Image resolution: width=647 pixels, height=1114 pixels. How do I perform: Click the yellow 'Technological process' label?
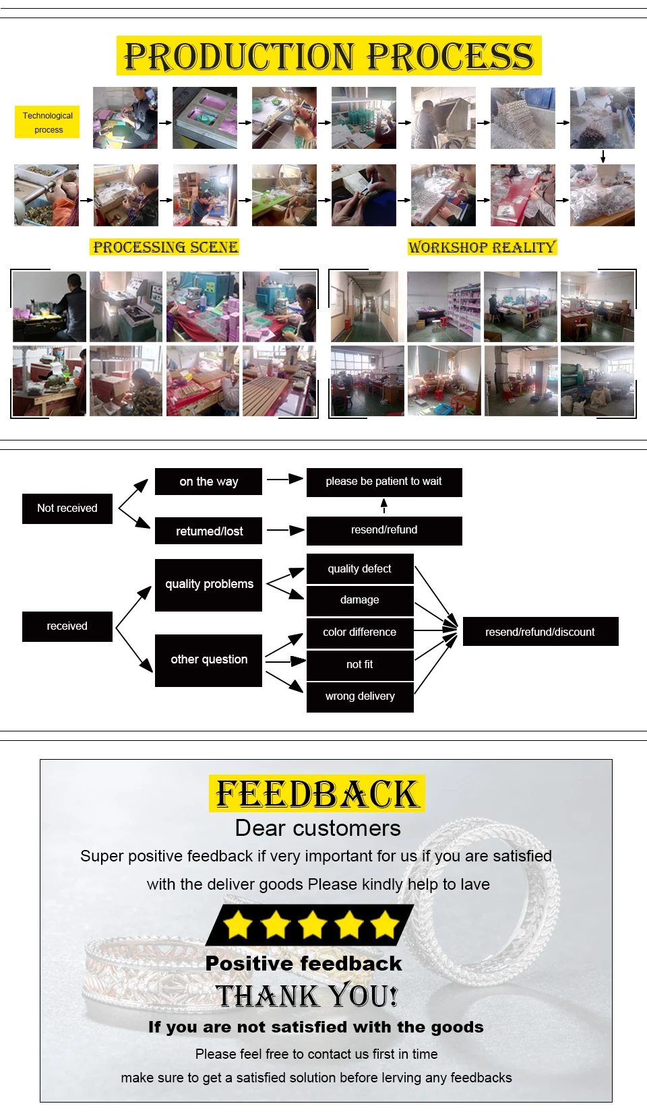[x=47, y=122]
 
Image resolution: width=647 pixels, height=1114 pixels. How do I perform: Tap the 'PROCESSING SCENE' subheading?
[x=165, y=247]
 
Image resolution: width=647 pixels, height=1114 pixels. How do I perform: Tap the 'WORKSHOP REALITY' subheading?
[x=482, y=247]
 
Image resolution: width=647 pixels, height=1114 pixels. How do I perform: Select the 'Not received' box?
[x=67, y=509]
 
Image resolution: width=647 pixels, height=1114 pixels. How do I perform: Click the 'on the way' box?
[x=208, y=482]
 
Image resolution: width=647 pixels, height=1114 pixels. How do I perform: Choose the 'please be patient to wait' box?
[x=384, y=482]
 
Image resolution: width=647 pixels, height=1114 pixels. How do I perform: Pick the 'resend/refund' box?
[x=384, y=531]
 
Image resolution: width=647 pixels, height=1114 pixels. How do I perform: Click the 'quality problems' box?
[x=208, y=585]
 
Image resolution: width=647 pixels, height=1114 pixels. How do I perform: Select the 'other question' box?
[x=208, y=660]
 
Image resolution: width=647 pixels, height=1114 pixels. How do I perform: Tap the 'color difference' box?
[x=360, y=632]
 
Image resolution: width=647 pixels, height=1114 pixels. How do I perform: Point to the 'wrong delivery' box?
[x=360, y=696]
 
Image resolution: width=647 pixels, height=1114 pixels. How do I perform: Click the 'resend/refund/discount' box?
[x=540, y=632]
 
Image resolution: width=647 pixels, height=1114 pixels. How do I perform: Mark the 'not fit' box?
[x=360, y=665]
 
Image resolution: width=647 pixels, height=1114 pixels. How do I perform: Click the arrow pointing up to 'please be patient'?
[x=384, y=506]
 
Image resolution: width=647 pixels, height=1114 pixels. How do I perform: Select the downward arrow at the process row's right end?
[x=603, y=156]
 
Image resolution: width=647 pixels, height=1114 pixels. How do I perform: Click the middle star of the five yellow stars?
[x=312, y=925]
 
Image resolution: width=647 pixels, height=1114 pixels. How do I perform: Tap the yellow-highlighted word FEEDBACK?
[x=317, y=794]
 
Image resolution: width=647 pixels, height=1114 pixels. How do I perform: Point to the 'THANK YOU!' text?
[x=307, y=996]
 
